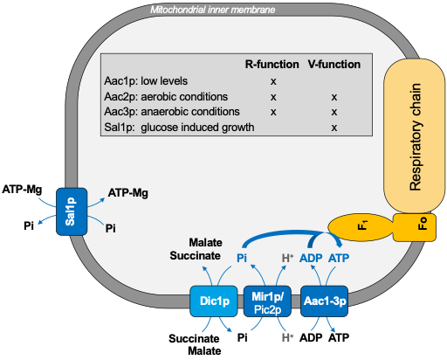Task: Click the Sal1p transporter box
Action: [x=72, y=211]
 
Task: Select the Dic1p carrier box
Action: [x=214, y=301]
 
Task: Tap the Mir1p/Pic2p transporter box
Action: [x=267, y=301]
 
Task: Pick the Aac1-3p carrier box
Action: [x=324, y=301]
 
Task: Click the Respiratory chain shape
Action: [x=415, y=136]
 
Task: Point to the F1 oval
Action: [x=361, y=227]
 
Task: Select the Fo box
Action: [x=415, y=227]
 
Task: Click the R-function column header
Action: [x=272, y=65]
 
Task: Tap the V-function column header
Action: [x=334, y=65]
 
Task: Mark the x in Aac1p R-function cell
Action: [x=273, y=81]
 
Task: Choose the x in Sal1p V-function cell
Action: [x=334, y=128]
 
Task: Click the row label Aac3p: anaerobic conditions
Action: [x=172, y=112]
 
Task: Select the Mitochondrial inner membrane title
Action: [x=213, y=10]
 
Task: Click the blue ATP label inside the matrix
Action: [x=339, y=258]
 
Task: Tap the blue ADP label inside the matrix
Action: [x=311, y=258]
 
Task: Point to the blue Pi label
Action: [x=242, y=258]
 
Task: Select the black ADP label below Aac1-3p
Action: [x=311, y=338]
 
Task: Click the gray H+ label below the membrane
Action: [x=287, y=338]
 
